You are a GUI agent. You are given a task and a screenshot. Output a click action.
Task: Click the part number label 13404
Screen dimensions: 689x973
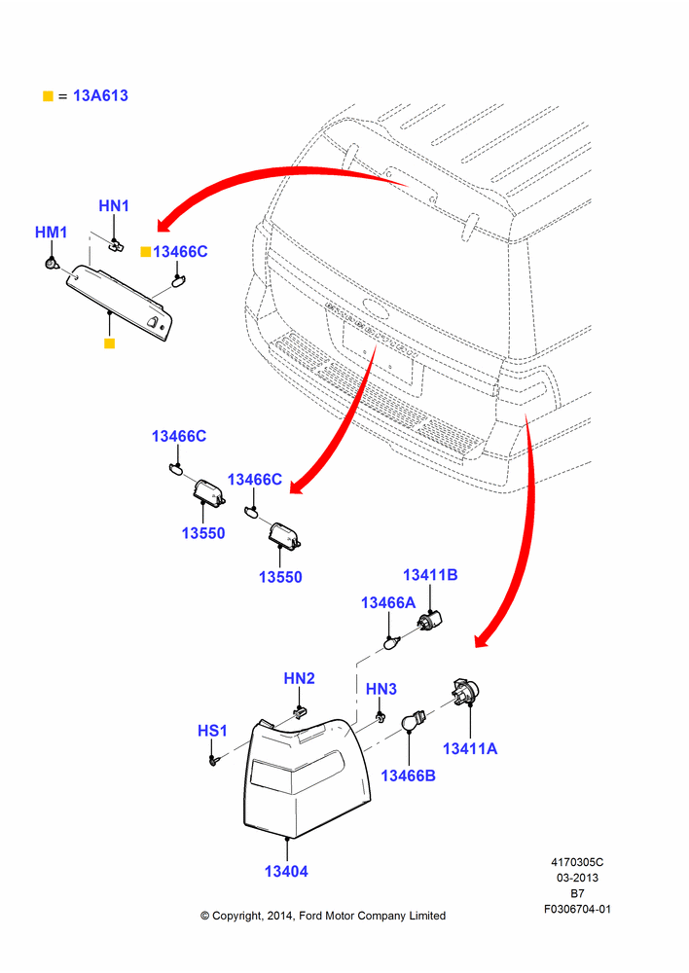pyautogui.click(x=286, y=871)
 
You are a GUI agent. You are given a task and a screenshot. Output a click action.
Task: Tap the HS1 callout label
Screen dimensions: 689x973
pyautogui.click(x=212, y=731)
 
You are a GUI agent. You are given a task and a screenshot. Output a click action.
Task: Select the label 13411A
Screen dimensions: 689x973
pyautogui.click(x=470, y=748)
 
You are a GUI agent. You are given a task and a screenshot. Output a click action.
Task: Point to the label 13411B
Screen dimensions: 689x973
pyautogui.click(x=430, y=575)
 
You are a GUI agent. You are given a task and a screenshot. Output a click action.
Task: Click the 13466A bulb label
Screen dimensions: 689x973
pyautogui.click(x=388, y=602)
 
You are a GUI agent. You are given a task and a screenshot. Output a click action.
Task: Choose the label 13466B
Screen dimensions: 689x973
pyautogui.click(x=408, y=775)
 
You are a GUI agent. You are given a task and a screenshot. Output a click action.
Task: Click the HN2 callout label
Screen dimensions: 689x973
pyautogui.click(x=299, y=678)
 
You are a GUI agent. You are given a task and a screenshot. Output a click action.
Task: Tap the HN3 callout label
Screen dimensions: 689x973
pyautogui.click(x=381, y=689)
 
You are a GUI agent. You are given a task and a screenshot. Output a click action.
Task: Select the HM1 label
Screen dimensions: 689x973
pyautogui.click(x=51, y=233)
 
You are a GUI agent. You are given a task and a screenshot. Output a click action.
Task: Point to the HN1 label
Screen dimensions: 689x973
pyautogui.click(x=114, y=205)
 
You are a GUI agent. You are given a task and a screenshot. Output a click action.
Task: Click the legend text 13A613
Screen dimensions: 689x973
pyautogui.click(x=100, y=95)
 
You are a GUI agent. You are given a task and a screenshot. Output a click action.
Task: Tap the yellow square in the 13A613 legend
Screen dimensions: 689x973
pyautogui.click(x=48, y=96)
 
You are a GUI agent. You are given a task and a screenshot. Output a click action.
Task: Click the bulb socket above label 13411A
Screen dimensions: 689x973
pyautogui.click(x=464, y=692)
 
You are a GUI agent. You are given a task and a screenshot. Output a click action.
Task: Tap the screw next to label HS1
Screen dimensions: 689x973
pyautogui.click(x=214, y=760)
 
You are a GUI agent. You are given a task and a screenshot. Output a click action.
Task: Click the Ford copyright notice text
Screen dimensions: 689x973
pyautogui.click(x=323, y=916)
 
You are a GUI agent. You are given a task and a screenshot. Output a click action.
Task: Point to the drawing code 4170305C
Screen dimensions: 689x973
pyautogui.click(x=577, y=862)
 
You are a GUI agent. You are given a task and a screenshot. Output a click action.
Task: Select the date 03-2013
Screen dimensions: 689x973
pyautogui.click(x=577, y=878)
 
